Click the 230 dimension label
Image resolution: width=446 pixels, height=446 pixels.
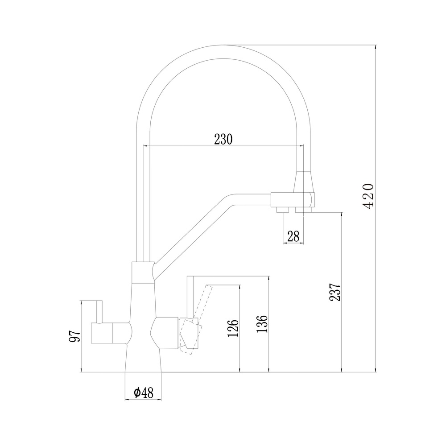[223, 139]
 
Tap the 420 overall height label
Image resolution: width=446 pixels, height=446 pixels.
[369, 196]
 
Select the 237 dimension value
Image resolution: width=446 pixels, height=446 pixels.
[335, 292]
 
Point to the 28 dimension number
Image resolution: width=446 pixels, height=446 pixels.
[293, 236]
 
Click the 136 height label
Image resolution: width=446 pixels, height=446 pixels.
[262, 324]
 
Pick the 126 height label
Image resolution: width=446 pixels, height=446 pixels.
[233, 329]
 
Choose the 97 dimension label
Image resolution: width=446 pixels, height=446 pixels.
[75, 336]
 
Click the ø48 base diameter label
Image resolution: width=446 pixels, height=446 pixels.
[144, 393]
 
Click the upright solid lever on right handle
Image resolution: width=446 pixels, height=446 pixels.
[190, 297]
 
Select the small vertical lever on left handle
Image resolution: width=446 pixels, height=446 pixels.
[99, 312]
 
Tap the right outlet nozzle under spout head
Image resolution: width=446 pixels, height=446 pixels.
[304, 209]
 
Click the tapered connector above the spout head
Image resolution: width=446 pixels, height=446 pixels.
[304, 182]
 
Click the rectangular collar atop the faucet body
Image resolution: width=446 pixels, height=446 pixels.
[143, 273]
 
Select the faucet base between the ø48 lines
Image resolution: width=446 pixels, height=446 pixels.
[144, 360]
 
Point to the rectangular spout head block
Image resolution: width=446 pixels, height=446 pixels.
[293, 200]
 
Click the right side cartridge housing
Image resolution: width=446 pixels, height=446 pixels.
[165, 332]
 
